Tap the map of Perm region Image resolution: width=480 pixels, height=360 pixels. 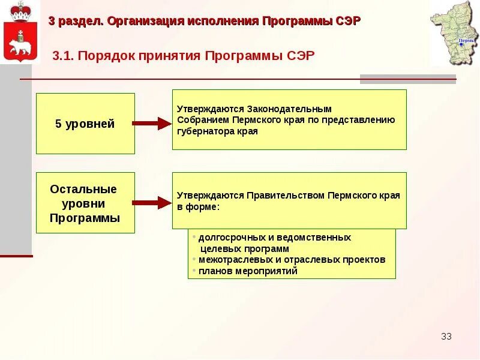click(x=454, y=33)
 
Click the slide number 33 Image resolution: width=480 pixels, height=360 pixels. click(x=446, y=336)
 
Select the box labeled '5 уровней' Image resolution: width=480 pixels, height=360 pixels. click(x=85, y=124)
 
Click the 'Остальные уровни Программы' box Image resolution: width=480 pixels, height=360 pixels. click(x=85, y=203)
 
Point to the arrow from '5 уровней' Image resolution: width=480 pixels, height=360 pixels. click(x=151, y=124)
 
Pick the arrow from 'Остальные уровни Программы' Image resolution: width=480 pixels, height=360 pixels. click(x=151, y=203)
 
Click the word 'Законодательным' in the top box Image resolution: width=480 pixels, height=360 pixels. click(x=289, y=109)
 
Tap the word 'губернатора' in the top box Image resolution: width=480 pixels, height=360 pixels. click(x=202, y=131)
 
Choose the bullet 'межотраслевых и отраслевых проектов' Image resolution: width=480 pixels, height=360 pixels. click(x=292, y=260)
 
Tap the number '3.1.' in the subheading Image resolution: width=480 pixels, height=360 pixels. click(x=63, y=56)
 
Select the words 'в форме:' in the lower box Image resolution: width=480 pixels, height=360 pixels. click(x=199, y=207)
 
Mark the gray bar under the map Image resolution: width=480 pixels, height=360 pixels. click(x=407, y=79)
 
